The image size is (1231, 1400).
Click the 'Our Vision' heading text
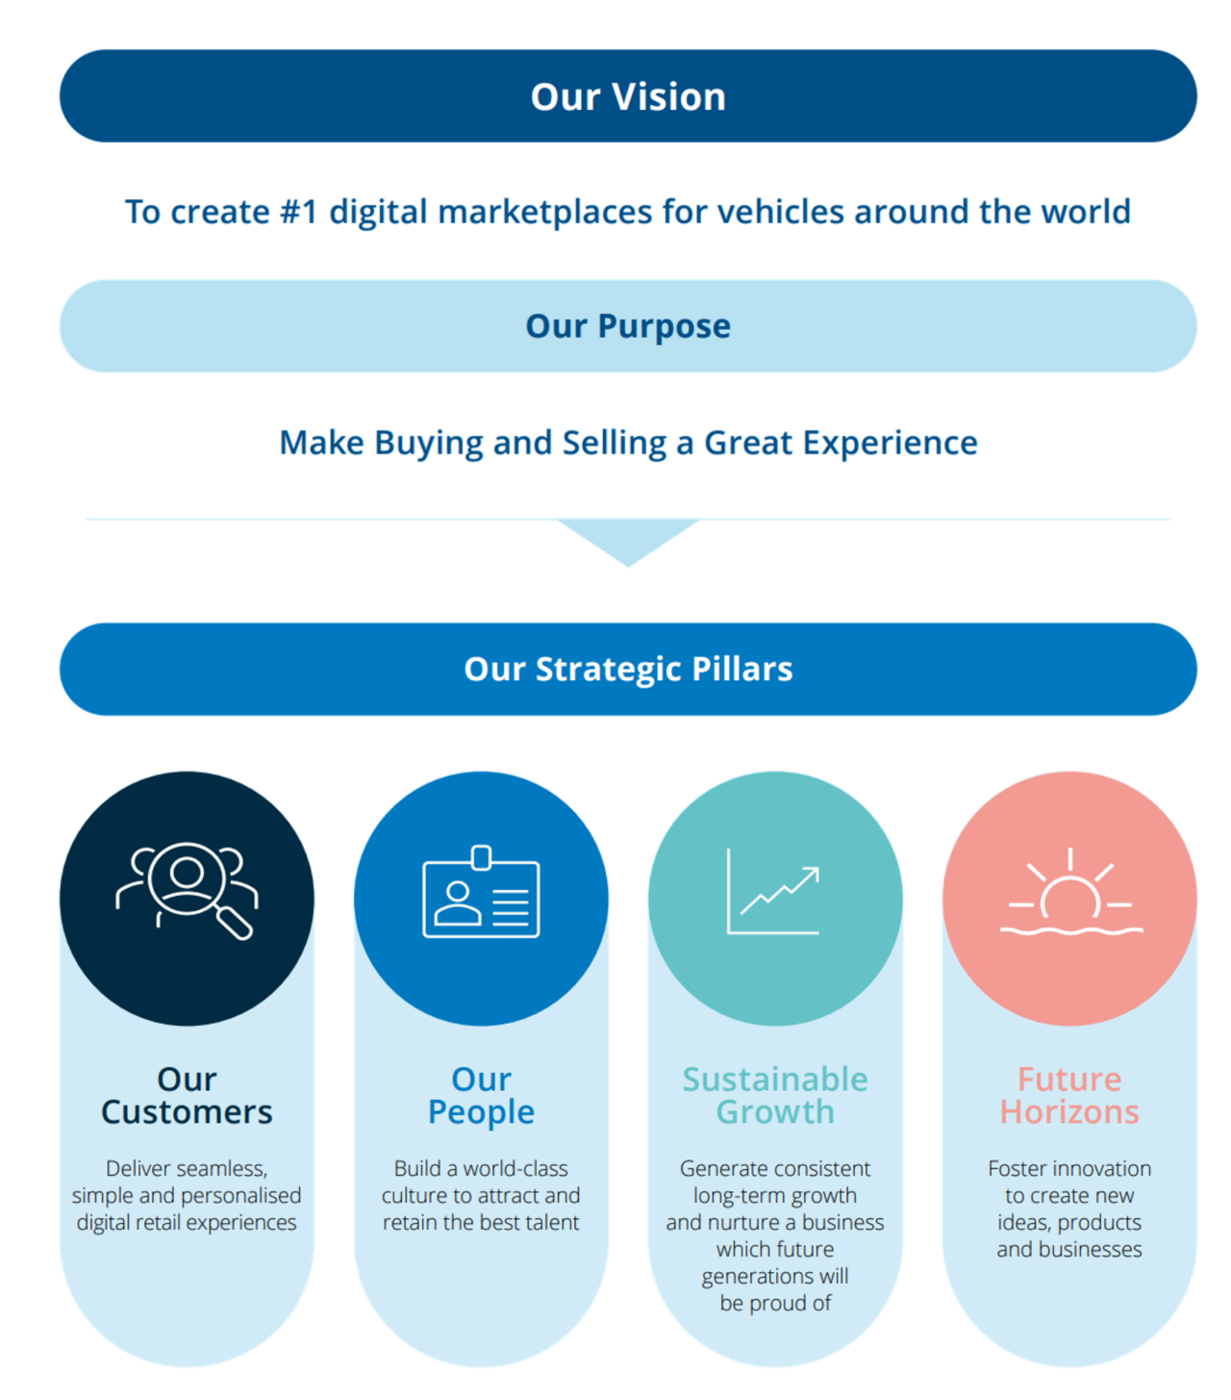[x=628, y=97]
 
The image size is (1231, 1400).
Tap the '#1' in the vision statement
[x=298, y=212]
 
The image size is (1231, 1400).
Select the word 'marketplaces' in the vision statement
[x=545, y=212]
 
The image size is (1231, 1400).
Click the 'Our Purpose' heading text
[x=628, y=326]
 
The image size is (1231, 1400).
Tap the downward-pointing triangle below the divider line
[x=628, y=541]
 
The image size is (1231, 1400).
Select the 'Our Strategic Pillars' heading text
[x=628, y=669]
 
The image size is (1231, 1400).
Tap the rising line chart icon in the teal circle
[x=774, y=892]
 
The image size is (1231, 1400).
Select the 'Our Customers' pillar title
[x=187, y=1096]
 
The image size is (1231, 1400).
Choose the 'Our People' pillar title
[x=481, y=1096]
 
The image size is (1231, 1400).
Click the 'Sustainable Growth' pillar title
[x=775, y=1096]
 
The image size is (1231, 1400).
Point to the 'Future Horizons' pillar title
[x=1069, y=1096]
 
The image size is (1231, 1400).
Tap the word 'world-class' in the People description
[x=515, y=1169]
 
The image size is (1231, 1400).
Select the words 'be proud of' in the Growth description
[x=775, y=1304]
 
